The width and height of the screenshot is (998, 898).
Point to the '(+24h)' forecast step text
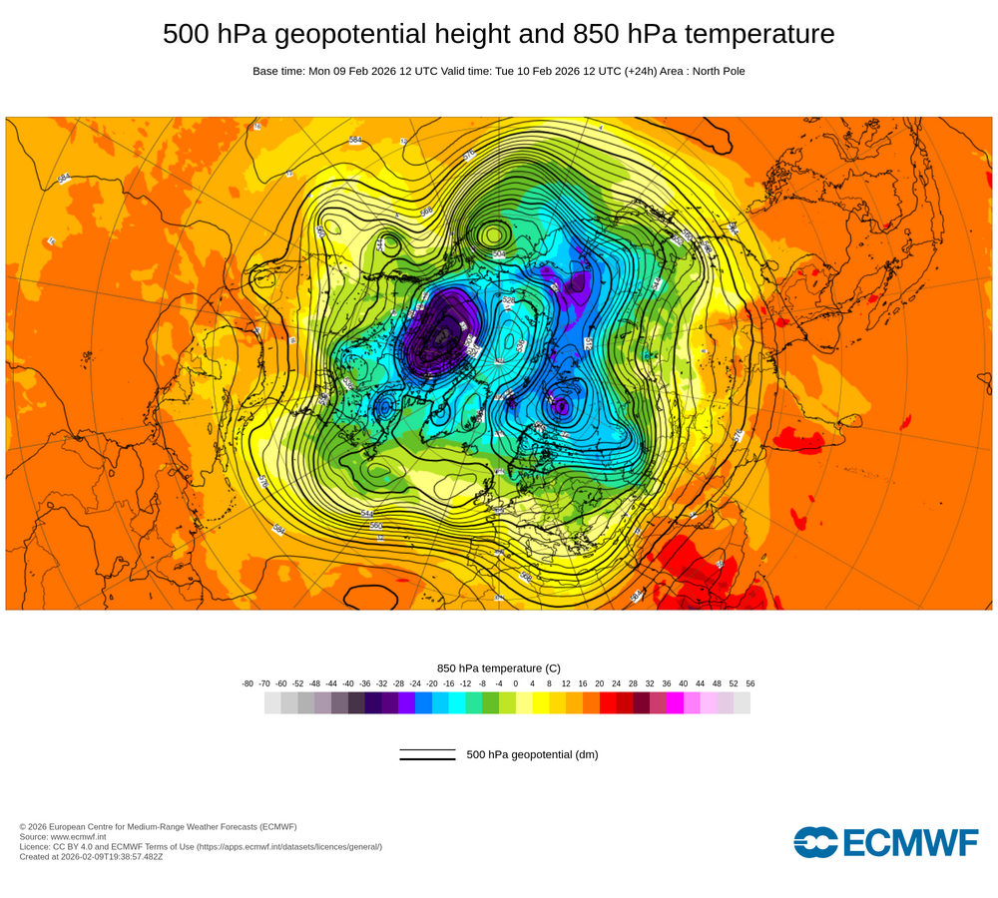click(641, 71)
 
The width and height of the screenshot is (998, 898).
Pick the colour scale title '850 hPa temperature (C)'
click(499, 668)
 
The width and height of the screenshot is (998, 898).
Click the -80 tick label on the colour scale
click(248, 683)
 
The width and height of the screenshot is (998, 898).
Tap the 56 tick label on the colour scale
click(750, 683)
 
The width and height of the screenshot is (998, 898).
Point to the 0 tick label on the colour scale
click(516, 683)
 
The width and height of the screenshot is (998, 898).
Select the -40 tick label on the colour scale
click(348, 683)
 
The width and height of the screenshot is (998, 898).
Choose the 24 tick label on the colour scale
click(617, 683)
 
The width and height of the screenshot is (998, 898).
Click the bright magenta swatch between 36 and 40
click(675, 703)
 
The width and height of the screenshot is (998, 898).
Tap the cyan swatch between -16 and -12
click(457, 703)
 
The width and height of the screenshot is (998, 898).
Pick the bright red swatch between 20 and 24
click(608, 703)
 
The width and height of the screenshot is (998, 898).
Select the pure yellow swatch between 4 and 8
click(541, 703)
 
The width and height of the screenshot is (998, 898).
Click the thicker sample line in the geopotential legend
click(427, 759)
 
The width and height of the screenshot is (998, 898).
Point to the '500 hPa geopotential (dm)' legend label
click(532, 754)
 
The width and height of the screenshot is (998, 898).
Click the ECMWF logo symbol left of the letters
click(815, 842)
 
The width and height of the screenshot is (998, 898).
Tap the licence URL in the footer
click(288, 846)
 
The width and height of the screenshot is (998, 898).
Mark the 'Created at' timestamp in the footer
click(91, 856)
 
